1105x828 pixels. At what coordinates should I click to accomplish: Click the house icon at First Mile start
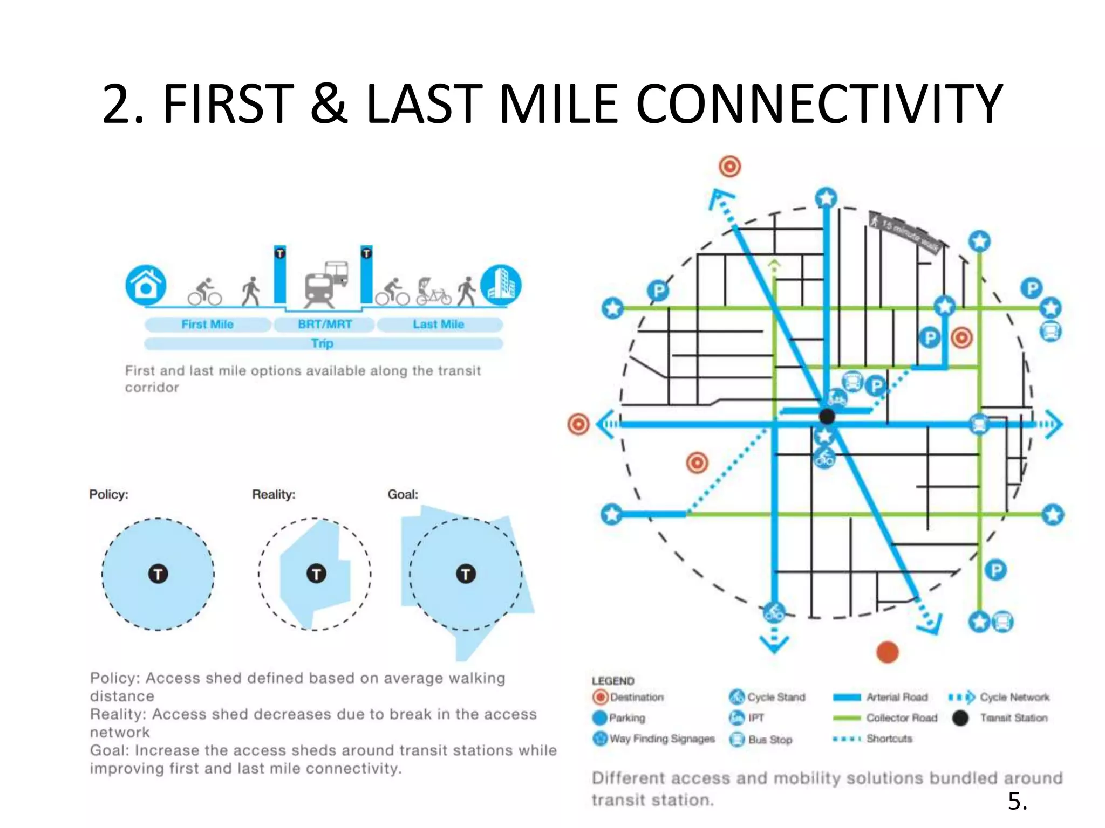[x=146, y=285]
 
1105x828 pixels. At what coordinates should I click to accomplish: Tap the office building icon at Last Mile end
[x=501, y=285]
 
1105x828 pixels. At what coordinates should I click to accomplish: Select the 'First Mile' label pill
[x=208, y=325]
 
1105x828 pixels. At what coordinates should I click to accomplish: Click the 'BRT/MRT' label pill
[x=324, y=325]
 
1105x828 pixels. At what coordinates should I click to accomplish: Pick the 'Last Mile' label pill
[x=439, y=325]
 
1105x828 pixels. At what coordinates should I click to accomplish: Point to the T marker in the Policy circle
[x=158, y=574]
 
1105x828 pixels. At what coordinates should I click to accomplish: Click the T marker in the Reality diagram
[x=316, y=574]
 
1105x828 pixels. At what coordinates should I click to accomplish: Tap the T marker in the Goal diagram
[x=466, y=574]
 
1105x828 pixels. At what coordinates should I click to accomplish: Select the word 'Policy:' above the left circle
[x=108, y=494]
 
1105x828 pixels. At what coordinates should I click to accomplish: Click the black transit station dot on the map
[x=827, y=416]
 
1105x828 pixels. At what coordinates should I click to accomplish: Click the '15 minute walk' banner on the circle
[x=907, y=232]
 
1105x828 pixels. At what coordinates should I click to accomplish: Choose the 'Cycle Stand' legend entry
[x=767, y=697]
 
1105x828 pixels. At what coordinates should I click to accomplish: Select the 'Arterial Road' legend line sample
[x=847, y=698]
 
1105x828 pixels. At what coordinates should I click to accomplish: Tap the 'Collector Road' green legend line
[x=847, y=718]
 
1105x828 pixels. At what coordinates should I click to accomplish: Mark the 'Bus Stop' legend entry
[x=761, y=740]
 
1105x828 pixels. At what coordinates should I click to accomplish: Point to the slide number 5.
[x=1017, y=801]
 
